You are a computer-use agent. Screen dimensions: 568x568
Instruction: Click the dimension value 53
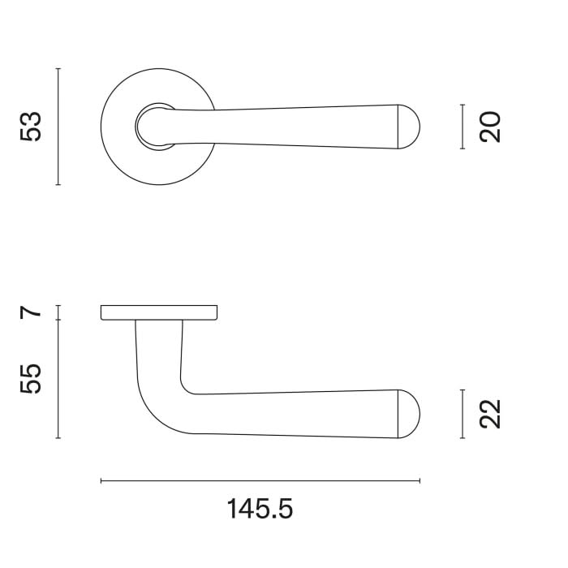coord(31,127)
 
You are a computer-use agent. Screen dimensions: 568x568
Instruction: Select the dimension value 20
coord(491,127)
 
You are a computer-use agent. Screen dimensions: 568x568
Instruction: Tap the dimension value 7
coord(31,312)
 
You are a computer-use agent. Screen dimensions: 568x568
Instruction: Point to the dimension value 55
coord(31,378)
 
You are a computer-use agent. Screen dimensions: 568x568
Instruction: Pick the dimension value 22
coord(491,414)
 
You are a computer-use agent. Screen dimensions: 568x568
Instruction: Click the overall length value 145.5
coord(260,510)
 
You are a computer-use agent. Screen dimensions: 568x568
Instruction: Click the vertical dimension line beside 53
coord(58,127)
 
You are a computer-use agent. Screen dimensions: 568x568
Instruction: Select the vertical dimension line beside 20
coord(462,127)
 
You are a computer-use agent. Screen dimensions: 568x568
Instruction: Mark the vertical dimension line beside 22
coord(462,414)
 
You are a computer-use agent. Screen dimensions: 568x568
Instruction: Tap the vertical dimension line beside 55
coord(58,378)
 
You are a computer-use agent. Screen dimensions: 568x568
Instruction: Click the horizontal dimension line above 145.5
coord(260,481)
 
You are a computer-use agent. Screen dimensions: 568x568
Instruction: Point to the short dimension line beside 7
coord(58,312)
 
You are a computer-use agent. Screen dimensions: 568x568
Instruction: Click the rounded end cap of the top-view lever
coord(410,127)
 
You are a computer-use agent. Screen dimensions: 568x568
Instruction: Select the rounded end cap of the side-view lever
coord(410,414)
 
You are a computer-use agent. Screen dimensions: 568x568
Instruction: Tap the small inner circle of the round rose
coord(154,127)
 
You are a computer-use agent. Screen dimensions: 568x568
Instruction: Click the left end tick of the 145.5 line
coord(101,481)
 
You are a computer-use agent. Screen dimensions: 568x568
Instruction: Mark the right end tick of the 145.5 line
coord(420,481)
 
